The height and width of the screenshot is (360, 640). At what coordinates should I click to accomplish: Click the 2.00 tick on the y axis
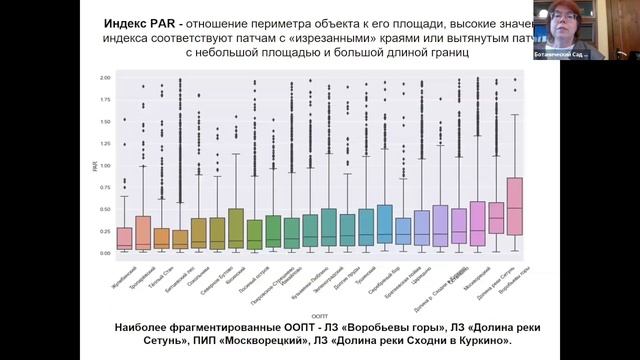click(105, 77)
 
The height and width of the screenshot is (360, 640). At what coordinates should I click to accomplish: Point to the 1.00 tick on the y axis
click(105, 165)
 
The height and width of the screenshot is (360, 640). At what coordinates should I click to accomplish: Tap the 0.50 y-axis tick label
click(105, 209)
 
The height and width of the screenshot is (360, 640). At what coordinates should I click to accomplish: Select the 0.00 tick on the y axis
click(105, 253)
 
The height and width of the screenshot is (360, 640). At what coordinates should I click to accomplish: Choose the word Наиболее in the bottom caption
click(151, 327)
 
